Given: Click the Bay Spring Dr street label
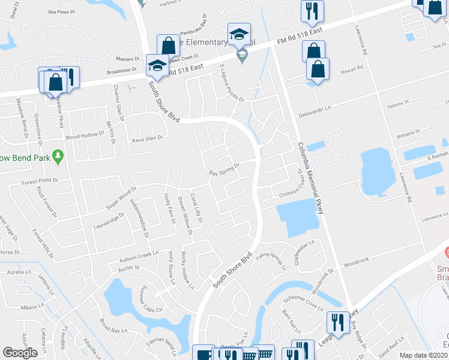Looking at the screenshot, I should (x=224, y=170).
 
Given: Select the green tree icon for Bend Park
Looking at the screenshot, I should (x=58, y=157).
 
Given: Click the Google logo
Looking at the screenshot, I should (x=20, y=353).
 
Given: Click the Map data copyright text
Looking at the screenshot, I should (x=424, y=355).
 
